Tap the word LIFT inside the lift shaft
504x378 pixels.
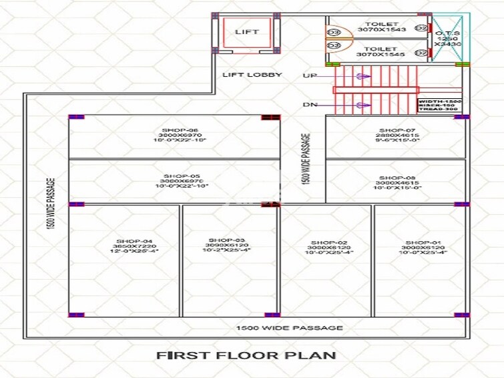click(247, 31)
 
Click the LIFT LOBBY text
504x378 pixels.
click(252, 75)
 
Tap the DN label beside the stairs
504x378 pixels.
click(309, 105)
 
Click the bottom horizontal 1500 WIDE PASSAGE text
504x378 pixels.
click(289, 328)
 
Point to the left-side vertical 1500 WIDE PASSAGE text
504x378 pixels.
click(50, 204)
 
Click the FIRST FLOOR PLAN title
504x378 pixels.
click(246, 355)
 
